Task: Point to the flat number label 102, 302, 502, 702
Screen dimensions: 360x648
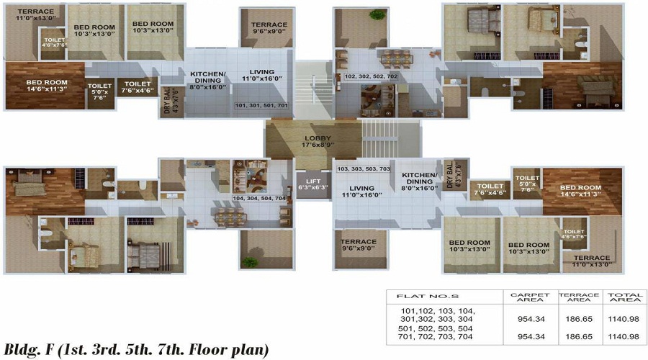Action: [x=370, y=76]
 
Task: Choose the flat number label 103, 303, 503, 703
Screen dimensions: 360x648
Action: [x=364, y=168]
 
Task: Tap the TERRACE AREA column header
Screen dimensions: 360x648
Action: [x=576, y=296]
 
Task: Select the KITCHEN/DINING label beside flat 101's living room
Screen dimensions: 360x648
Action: [x=207, y=80]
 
